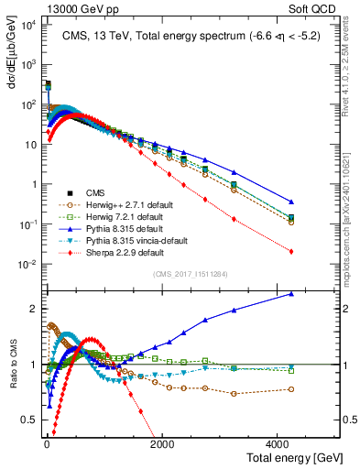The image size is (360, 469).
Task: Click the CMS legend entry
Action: (x=96, y=192)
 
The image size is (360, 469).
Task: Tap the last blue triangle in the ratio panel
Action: (x=291, y=294)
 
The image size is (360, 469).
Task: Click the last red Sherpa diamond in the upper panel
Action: (x=291, y=251)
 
